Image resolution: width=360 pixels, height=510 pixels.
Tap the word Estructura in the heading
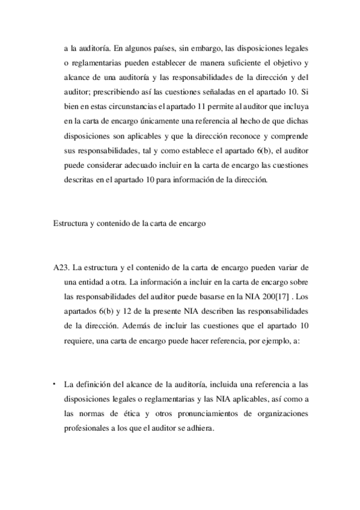point(69,223)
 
